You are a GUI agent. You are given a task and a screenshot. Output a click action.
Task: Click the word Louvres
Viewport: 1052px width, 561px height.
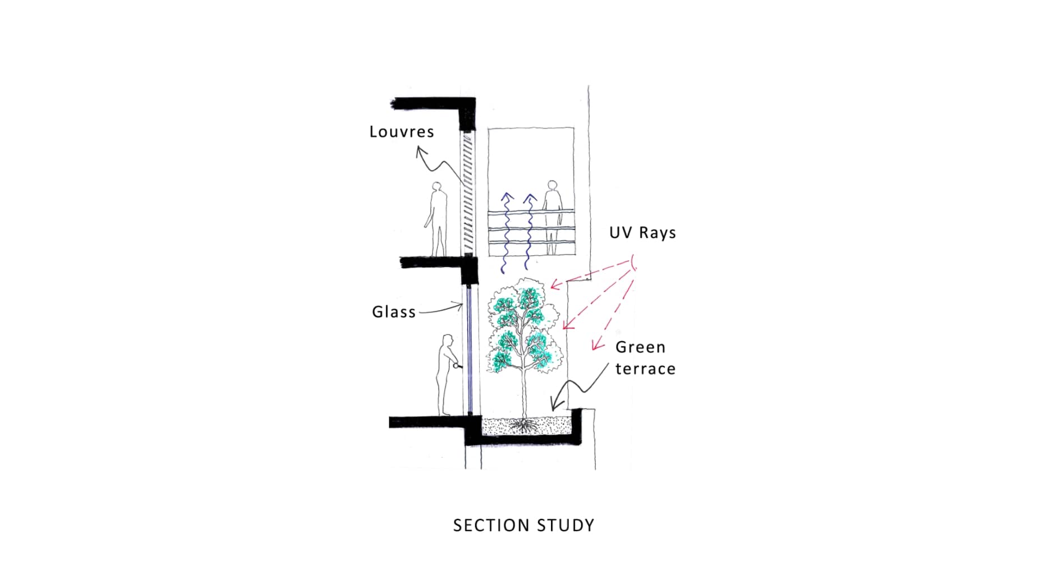click(401, 132)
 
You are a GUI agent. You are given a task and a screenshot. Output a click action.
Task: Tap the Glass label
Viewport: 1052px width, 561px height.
click(393, 312)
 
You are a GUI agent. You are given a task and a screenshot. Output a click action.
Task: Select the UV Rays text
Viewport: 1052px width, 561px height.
click(642, 233)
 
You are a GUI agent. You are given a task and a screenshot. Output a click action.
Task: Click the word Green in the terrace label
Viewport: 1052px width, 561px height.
click(640, 347)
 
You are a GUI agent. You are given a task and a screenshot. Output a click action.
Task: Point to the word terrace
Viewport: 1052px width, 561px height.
click(645, 369)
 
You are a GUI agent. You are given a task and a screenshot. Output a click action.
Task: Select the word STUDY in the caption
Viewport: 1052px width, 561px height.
click(566, 526)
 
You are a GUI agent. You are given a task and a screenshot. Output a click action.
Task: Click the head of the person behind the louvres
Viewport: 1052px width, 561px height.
click(437, 187)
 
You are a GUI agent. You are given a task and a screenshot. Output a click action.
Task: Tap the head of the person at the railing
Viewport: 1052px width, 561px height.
click(553, 186)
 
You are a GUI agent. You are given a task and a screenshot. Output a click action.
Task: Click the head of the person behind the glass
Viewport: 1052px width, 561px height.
click(448, 341)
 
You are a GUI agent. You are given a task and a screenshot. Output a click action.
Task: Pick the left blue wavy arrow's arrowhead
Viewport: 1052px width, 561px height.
click(507, 197)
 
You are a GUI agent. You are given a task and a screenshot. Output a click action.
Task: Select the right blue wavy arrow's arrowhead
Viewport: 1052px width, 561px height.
click(530, 197)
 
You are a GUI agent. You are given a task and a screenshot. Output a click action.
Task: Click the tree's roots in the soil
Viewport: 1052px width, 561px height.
click(524, 426)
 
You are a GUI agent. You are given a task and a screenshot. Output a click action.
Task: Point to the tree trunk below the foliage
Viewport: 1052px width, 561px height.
click(524, 393)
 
